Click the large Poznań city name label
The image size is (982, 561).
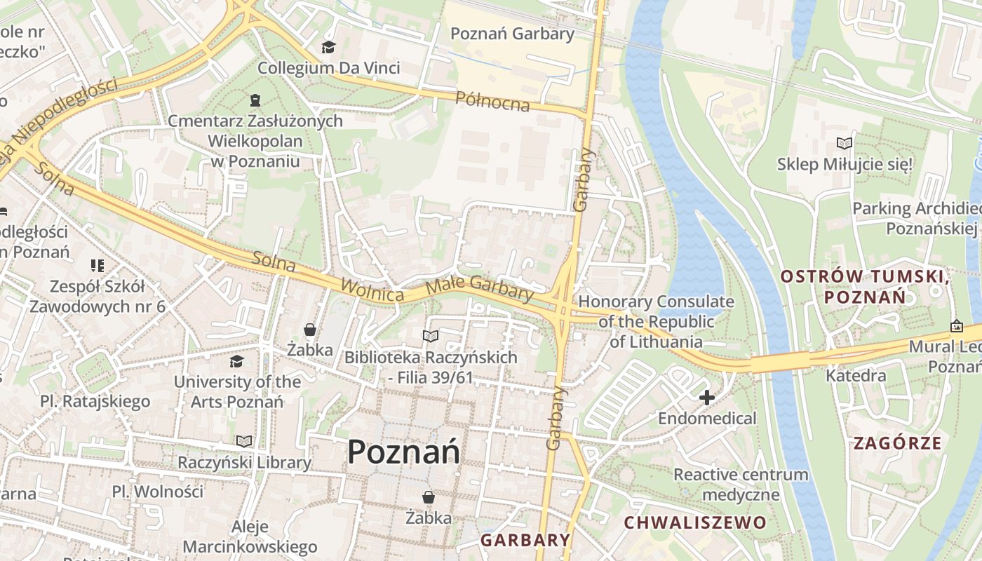tap(404, 452)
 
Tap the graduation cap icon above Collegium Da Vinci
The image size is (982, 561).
tap(328, 48)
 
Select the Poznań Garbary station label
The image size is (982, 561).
tap(512, 34)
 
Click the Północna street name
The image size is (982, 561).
tap(492, 101)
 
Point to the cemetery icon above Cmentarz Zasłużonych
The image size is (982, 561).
tap(254, 100)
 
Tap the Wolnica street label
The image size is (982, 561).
tap(372, 290)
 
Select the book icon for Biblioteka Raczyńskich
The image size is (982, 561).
tap(430, 337)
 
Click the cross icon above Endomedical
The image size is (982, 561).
tap(706, 398)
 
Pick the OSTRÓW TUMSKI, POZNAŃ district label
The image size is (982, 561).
tap(865, 286)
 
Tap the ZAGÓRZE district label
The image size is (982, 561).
tap(897, 443)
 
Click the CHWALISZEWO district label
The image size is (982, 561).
tap(694, 522)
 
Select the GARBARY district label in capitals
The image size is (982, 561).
tap(525, 540)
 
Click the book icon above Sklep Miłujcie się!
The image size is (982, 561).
tap(845, 144)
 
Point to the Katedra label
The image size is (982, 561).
tap(856, 376)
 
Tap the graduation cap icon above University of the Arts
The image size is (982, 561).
tap(237, 361)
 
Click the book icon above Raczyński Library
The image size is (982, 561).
tap(243, 441)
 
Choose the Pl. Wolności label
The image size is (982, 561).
tap(157, 491)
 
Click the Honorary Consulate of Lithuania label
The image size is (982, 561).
tap(656, 322)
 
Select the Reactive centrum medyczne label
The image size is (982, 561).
tap(741, 485)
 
